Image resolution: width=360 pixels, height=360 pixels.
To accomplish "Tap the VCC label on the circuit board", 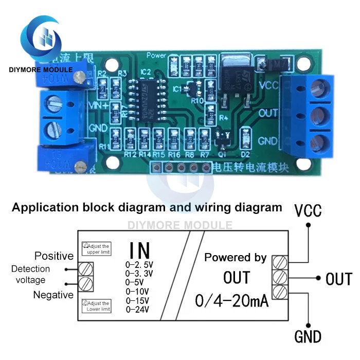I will (x=269, y=85).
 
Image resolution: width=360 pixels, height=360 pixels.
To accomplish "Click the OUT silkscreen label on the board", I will (x=269, y=112).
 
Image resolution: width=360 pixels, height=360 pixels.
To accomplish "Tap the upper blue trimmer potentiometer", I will (x=67, y=70).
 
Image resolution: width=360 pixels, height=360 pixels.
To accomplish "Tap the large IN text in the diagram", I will (x=139, y=250).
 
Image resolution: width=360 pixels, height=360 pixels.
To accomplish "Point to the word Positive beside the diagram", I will (x=54, y=256).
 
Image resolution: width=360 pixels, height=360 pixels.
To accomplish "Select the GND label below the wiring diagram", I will (x=308, y=337).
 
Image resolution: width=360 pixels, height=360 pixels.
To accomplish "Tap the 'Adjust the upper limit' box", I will (x=96, y=249).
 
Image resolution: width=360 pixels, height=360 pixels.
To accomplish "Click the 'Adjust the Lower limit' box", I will (x=96, y=306).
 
